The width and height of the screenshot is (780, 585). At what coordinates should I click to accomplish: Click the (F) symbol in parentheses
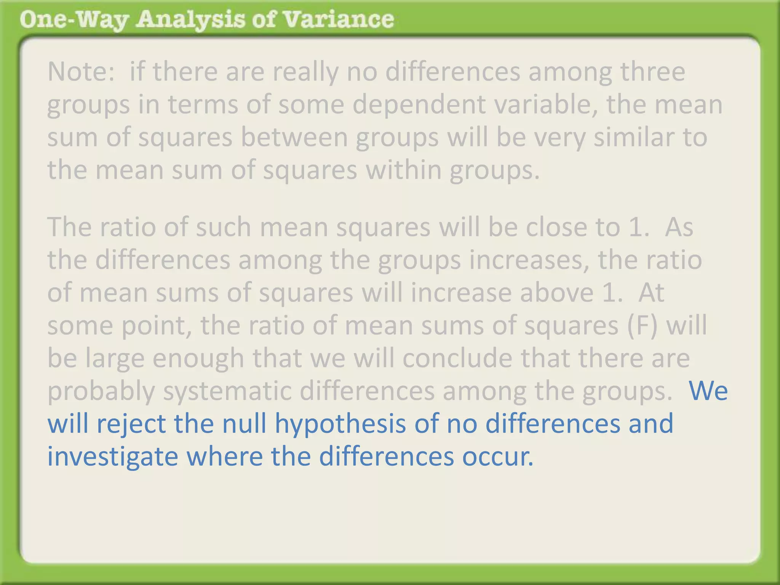tap(642, 325)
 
